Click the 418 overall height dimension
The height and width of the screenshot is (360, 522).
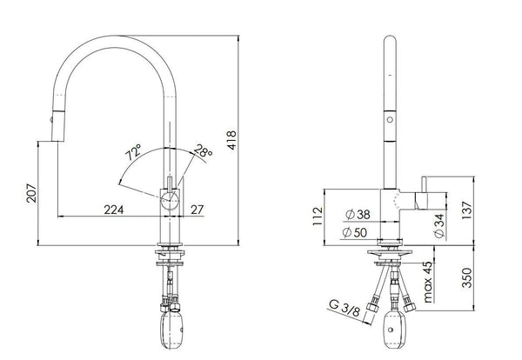231,140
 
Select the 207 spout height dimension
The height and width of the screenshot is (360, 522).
31,193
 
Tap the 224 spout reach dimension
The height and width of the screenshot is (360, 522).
113,210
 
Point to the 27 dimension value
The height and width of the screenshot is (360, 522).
197,210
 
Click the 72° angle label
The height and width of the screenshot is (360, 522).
133,152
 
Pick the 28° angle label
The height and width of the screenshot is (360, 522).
203,150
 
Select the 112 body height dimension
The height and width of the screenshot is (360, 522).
318,217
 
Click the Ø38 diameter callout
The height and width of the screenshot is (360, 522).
358,215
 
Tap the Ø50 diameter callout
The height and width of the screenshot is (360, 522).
355,232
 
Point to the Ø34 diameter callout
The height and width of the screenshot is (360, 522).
439,226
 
